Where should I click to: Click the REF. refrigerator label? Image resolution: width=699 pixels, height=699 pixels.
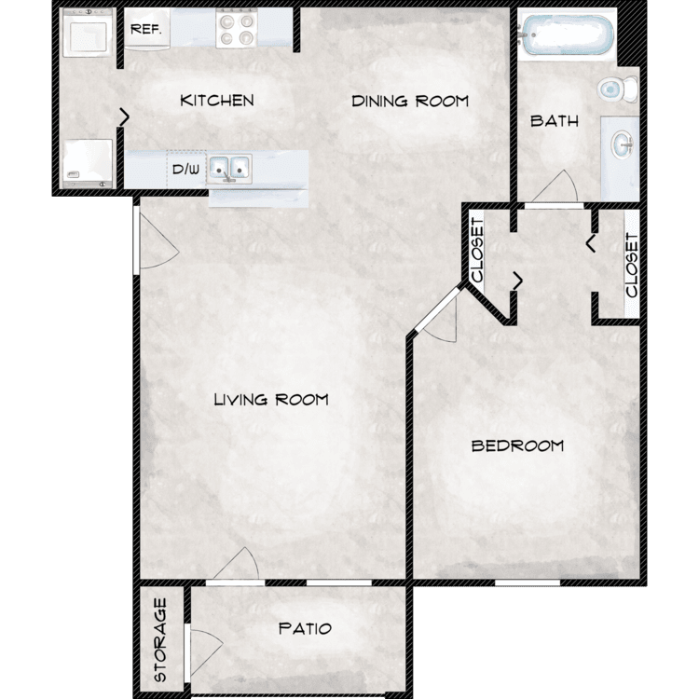145,30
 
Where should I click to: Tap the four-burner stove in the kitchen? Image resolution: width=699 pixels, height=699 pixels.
237,29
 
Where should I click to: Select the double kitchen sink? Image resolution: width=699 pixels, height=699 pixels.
229,169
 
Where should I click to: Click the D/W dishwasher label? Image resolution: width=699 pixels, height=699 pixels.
185,170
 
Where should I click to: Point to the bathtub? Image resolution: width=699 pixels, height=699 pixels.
567,35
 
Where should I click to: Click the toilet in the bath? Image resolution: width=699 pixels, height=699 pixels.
617,89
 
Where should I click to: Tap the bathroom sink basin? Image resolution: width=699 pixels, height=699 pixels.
623,144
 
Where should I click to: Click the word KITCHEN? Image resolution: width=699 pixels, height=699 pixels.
217,101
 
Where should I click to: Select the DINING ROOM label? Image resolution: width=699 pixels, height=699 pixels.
410,102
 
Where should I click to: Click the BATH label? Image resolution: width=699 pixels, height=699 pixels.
555,121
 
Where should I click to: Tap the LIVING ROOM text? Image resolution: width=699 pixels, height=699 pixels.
271,400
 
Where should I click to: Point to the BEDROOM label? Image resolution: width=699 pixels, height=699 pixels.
517,445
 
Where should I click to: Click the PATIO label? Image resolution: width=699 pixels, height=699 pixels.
305,628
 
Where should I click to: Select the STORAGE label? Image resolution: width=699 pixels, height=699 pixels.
160,639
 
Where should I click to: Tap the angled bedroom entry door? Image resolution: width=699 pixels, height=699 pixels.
438,309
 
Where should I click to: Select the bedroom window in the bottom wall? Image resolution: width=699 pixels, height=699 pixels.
528,582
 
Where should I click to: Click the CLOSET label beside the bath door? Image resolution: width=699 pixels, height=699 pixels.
477,250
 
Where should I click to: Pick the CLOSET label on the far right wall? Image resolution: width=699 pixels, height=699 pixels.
632,265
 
